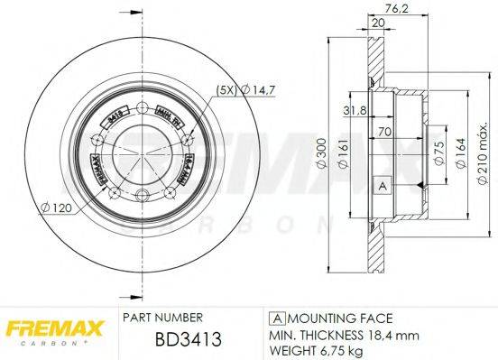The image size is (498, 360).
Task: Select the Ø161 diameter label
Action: pos(343,160)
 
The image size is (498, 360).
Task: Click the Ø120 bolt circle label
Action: pos(56,207)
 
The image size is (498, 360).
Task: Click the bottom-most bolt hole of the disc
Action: pos(142,198)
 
